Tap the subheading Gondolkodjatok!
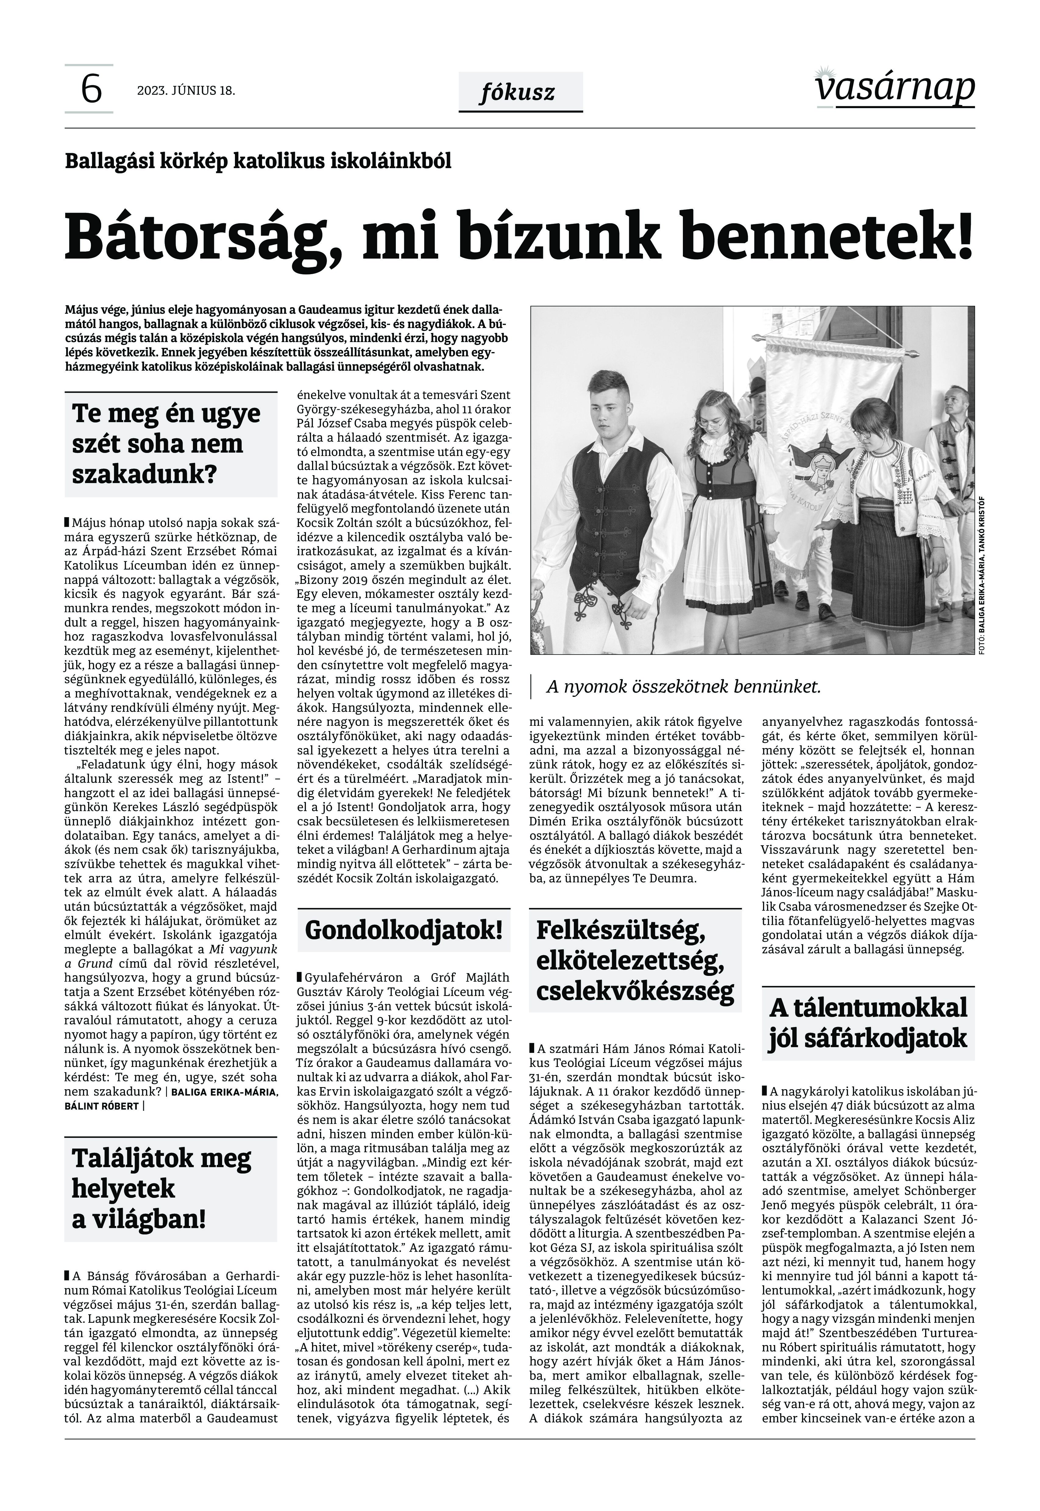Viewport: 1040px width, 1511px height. (403, 930)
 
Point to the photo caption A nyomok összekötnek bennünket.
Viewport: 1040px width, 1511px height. (683, 687)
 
